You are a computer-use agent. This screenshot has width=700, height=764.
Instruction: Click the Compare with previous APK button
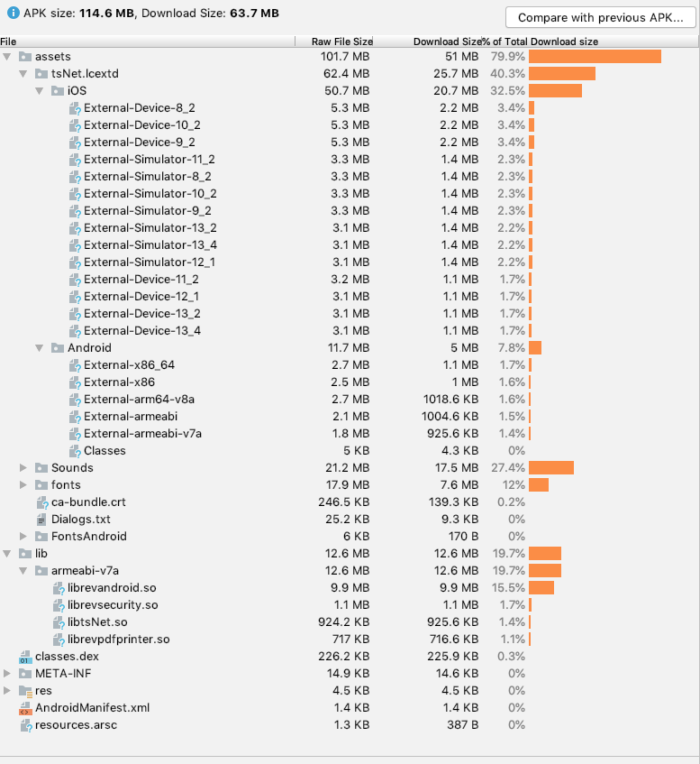599,17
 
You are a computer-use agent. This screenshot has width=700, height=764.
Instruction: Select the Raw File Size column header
341,41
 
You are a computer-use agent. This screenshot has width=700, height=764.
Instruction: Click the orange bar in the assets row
595,57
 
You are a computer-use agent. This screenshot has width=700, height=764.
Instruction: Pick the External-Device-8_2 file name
139,108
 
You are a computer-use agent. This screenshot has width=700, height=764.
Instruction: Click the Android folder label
89,347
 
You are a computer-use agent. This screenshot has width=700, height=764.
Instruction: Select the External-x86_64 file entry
129,364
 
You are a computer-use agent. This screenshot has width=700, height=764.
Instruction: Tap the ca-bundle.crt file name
88,502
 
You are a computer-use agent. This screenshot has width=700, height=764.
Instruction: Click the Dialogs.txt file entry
80,519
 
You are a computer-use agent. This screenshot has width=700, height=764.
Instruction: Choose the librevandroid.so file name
112,587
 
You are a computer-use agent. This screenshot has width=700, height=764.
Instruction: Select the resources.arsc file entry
76,724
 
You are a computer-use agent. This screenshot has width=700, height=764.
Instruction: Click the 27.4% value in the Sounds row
509,467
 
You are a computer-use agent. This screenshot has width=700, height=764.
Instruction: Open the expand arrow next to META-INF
7,673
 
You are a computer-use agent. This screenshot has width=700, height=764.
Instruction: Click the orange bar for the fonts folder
539,484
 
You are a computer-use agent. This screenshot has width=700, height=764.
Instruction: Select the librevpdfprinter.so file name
118,639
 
